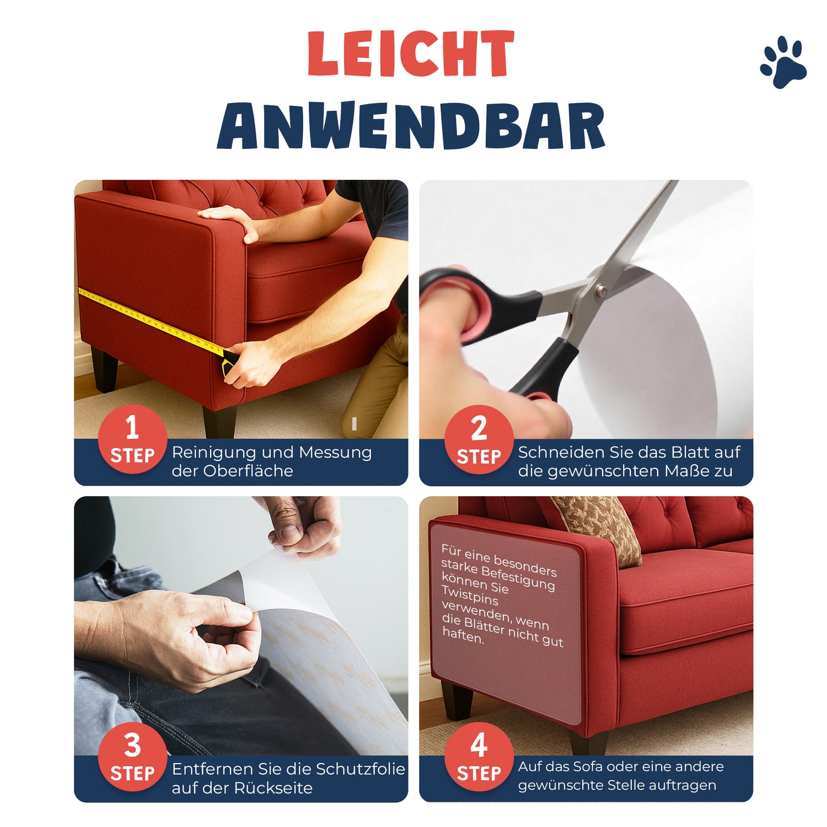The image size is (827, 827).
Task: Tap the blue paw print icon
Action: (783, 62)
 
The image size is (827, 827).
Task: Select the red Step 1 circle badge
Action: (132, 439)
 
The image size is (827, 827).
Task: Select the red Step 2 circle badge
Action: (479, 439)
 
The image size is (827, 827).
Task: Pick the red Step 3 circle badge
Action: (132, 756)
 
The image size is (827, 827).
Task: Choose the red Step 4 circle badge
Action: (479, 756)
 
